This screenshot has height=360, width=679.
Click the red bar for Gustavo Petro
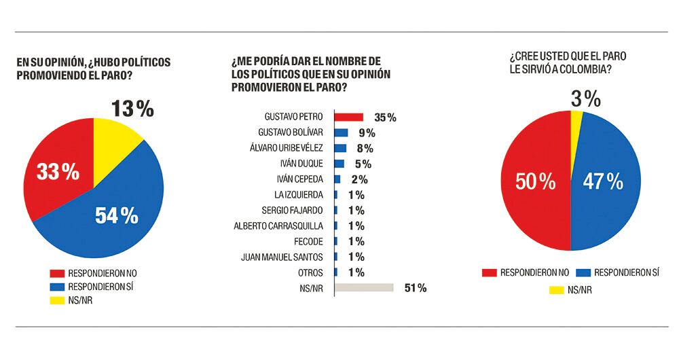349,118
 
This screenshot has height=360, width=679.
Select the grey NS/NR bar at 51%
365,288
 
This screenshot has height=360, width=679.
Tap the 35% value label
385,118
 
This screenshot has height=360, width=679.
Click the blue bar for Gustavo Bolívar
342,132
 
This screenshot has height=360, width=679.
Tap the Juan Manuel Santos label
287,257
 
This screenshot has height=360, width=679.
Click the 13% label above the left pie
132,109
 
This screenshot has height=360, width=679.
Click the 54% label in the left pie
116,216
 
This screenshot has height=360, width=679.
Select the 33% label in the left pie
58,173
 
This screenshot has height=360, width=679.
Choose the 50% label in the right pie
537,182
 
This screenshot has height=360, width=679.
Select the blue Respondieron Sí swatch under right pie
584,272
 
